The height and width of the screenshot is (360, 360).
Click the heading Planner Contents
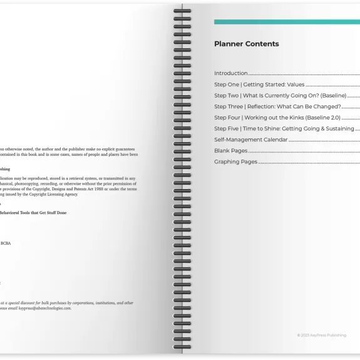click(x=246, y=44)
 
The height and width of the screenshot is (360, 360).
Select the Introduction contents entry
click(x=231, y=73)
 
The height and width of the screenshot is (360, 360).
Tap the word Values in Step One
click(x=296, y=85)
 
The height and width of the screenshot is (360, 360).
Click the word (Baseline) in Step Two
click(x=330, y=96)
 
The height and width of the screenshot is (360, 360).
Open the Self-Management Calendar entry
click(x=250, y=140)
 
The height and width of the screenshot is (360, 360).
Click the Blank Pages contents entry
click(x=230, y=151)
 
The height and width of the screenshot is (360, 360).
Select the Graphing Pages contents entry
click(x=235, y=162)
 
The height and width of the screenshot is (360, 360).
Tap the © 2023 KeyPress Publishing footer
click(x=321, y=336)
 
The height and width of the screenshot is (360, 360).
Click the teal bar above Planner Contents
click(x=287, y=22)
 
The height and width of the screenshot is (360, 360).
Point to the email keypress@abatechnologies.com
click(x=45, y=308)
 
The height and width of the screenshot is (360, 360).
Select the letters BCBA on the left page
click(x=6, y=243)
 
